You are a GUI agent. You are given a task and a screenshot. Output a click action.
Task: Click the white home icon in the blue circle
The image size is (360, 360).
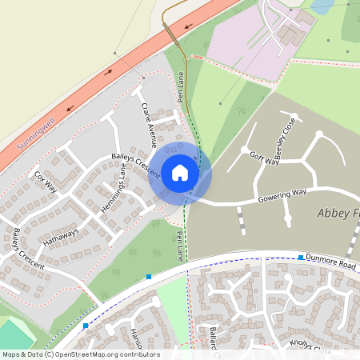click(180, 172)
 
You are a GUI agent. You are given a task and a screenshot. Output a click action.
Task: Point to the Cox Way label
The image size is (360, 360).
click(46, 182)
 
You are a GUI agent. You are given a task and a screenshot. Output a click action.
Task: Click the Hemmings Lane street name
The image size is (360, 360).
click(113, 190)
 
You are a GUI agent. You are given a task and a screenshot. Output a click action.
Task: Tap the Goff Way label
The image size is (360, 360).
click(264, 158)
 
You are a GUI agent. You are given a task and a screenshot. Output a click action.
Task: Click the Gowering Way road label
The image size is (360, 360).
click(282, 195)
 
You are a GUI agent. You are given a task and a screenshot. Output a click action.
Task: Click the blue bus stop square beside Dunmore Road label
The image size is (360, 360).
click(301, 258)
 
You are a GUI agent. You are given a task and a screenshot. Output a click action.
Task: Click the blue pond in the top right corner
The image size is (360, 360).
click(322, 6)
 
